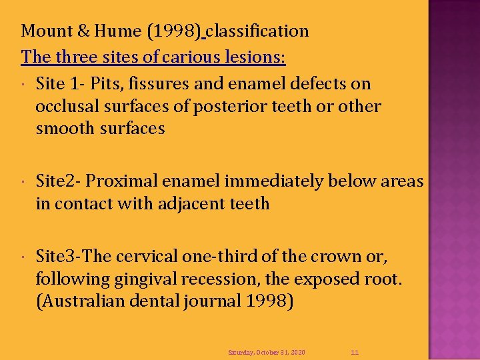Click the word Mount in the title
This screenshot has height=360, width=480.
coord(44,31)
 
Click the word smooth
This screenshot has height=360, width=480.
coord(65,129)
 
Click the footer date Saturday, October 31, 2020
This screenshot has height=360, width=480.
coord(267,352)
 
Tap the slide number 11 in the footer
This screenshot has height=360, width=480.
coord(355,352)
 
